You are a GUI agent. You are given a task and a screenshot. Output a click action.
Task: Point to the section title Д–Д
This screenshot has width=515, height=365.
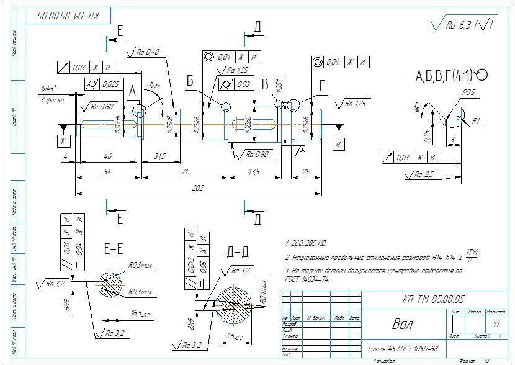tap(238, 251)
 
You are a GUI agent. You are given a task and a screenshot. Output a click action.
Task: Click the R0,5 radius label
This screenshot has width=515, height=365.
tap(468, 93)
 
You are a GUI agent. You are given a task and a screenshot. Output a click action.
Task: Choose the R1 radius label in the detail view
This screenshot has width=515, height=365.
tap(476, 120)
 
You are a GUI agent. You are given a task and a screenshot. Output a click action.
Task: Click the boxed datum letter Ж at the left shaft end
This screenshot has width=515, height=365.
tap(62, 142)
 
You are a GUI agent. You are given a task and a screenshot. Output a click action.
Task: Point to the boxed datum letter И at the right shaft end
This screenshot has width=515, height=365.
tap(338, 144)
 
